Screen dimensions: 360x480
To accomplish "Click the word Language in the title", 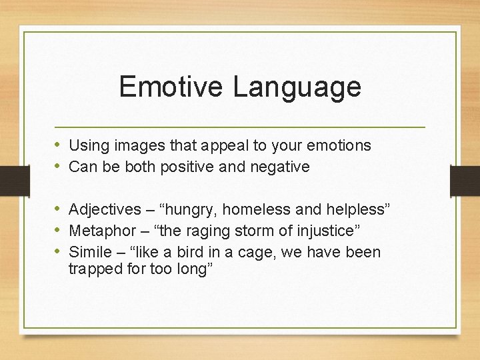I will (297, 87).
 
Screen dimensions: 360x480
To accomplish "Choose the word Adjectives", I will (105, 211).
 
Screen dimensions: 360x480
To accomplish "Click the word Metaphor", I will (101, 231).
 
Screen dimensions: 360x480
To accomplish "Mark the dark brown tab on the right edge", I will (465, 181).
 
